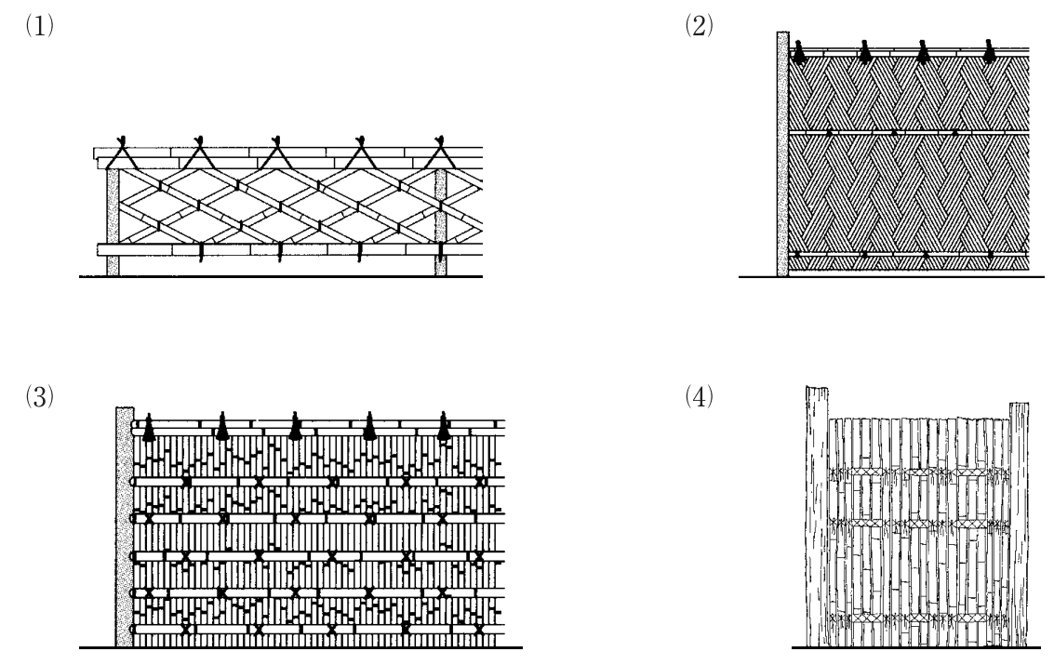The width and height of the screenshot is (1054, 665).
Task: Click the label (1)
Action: [40, 26]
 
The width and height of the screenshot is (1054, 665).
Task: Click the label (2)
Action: [699, 26]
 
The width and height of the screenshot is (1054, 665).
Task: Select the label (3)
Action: [40, 397]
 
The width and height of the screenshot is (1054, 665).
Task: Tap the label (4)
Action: [699, 397]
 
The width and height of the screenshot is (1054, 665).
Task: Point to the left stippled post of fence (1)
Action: [113, 221]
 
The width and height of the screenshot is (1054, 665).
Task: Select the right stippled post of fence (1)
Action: [441, 221]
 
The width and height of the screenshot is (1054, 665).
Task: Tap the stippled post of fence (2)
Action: [783, 153]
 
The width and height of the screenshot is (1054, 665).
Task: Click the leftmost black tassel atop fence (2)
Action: [799, 52]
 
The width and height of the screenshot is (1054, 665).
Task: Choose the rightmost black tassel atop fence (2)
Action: [989, 52]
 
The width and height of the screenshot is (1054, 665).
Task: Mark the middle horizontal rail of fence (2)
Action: [909, 132]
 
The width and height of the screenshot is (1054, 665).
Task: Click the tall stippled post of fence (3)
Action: [125, 526]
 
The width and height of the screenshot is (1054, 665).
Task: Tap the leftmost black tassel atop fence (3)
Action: [149, 427]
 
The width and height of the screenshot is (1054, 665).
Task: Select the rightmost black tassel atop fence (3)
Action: [444, 427]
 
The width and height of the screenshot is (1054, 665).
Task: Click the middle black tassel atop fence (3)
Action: [295, 427]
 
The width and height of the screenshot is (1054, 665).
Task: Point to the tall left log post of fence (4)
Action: [817, 516]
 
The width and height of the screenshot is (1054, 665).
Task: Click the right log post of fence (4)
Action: [1019, 525]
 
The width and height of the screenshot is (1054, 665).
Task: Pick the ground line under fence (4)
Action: [915, 647]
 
